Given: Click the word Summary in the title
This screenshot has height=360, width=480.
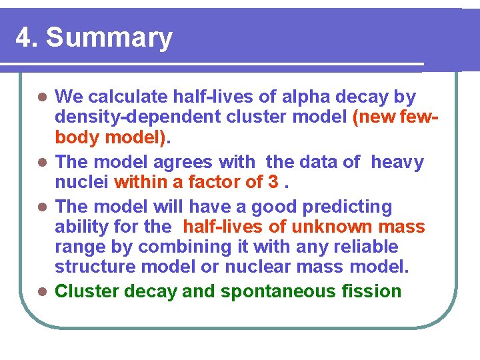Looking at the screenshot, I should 109,38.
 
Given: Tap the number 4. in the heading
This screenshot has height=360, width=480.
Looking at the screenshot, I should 27,38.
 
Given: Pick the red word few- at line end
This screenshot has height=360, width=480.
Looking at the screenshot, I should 421,118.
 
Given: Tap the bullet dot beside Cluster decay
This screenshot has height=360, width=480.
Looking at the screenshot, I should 42,292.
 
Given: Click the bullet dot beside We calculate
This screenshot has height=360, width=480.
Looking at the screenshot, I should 42,98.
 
